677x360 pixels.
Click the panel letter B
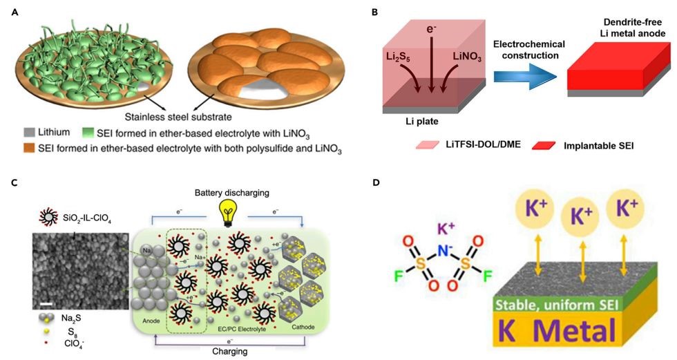pos(374,11)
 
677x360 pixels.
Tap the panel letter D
pos(374,183)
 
